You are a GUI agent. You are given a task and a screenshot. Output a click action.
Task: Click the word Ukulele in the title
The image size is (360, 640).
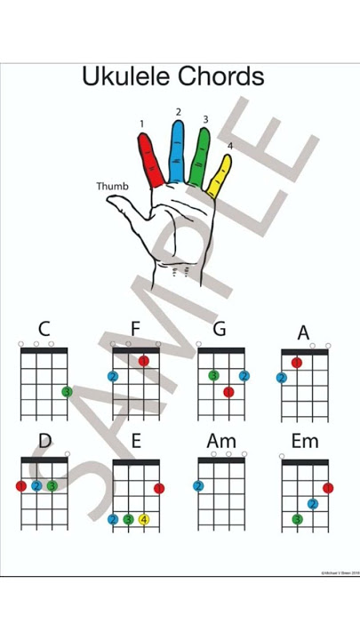tap(126, 76)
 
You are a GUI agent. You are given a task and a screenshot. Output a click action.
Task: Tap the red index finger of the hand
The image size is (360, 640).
tap(151, 161)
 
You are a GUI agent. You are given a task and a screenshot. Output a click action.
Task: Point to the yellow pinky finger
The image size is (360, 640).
tap(220, 176)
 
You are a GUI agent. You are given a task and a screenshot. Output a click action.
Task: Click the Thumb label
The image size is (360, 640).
tap(112, 187)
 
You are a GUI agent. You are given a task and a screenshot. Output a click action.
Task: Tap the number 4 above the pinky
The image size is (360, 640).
tap(229, 146)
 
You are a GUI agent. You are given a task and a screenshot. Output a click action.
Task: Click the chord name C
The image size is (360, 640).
tap(44, 330)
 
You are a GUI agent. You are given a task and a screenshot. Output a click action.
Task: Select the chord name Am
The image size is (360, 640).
tap(221, 441)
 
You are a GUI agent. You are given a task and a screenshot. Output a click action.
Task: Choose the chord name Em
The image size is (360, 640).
tap(304, 441)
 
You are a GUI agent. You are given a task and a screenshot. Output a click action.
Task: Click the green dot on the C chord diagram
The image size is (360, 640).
tap(67, 391)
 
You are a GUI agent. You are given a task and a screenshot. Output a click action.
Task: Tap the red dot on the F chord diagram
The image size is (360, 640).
tap(143, 361)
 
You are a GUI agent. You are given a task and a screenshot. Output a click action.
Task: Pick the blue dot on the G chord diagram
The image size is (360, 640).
tap(244, 376)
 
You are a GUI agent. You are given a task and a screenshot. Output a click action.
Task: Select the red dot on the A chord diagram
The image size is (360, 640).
tap(297, 363)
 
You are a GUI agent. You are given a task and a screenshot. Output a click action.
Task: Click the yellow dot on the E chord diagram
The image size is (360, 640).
tap(143, 519)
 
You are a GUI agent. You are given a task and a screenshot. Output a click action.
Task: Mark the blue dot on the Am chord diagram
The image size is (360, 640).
tap(198, 486)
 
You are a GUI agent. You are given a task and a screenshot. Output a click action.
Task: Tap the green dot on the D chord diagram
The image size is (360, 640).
tap(52, 486)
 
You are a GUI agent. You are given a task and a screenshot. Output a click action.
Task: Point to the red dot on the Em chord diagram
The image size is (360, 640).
tap(328, 488)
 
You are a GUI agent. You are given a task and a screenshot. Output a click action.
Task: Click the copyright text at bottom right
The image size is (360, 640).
tap(340, 573)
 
